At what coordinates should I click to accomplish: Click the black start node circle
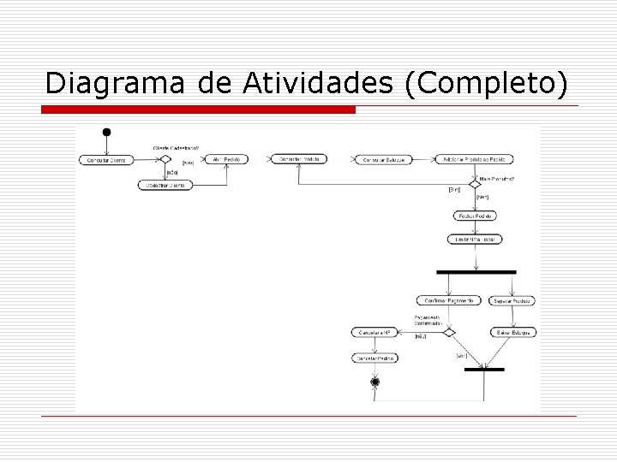point(106,132)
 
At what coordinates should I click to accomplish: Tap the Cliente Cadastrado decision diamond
point(166,158)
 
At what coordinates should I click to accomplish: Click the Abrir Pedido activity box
point(225,159)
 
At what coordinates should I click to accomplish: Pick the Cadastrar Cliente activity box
point(166,185)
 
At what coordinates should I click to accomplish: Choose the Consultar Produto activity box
point(297,159)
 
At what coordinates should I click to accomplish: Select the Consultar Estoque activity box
point(382,159)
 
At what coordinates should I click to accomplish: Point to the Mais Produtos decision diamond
point(475,184)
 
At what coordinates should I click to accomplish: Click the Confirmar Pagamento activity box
point(446,300)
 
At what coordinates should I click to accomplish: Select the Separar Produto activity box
point(513,300)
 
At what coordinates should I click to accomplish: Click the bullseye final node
point(374,382)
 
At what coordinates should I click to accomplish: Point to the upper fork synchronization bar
point(476,272)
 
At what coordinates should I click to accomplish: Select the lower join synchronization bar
point(483,370)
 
